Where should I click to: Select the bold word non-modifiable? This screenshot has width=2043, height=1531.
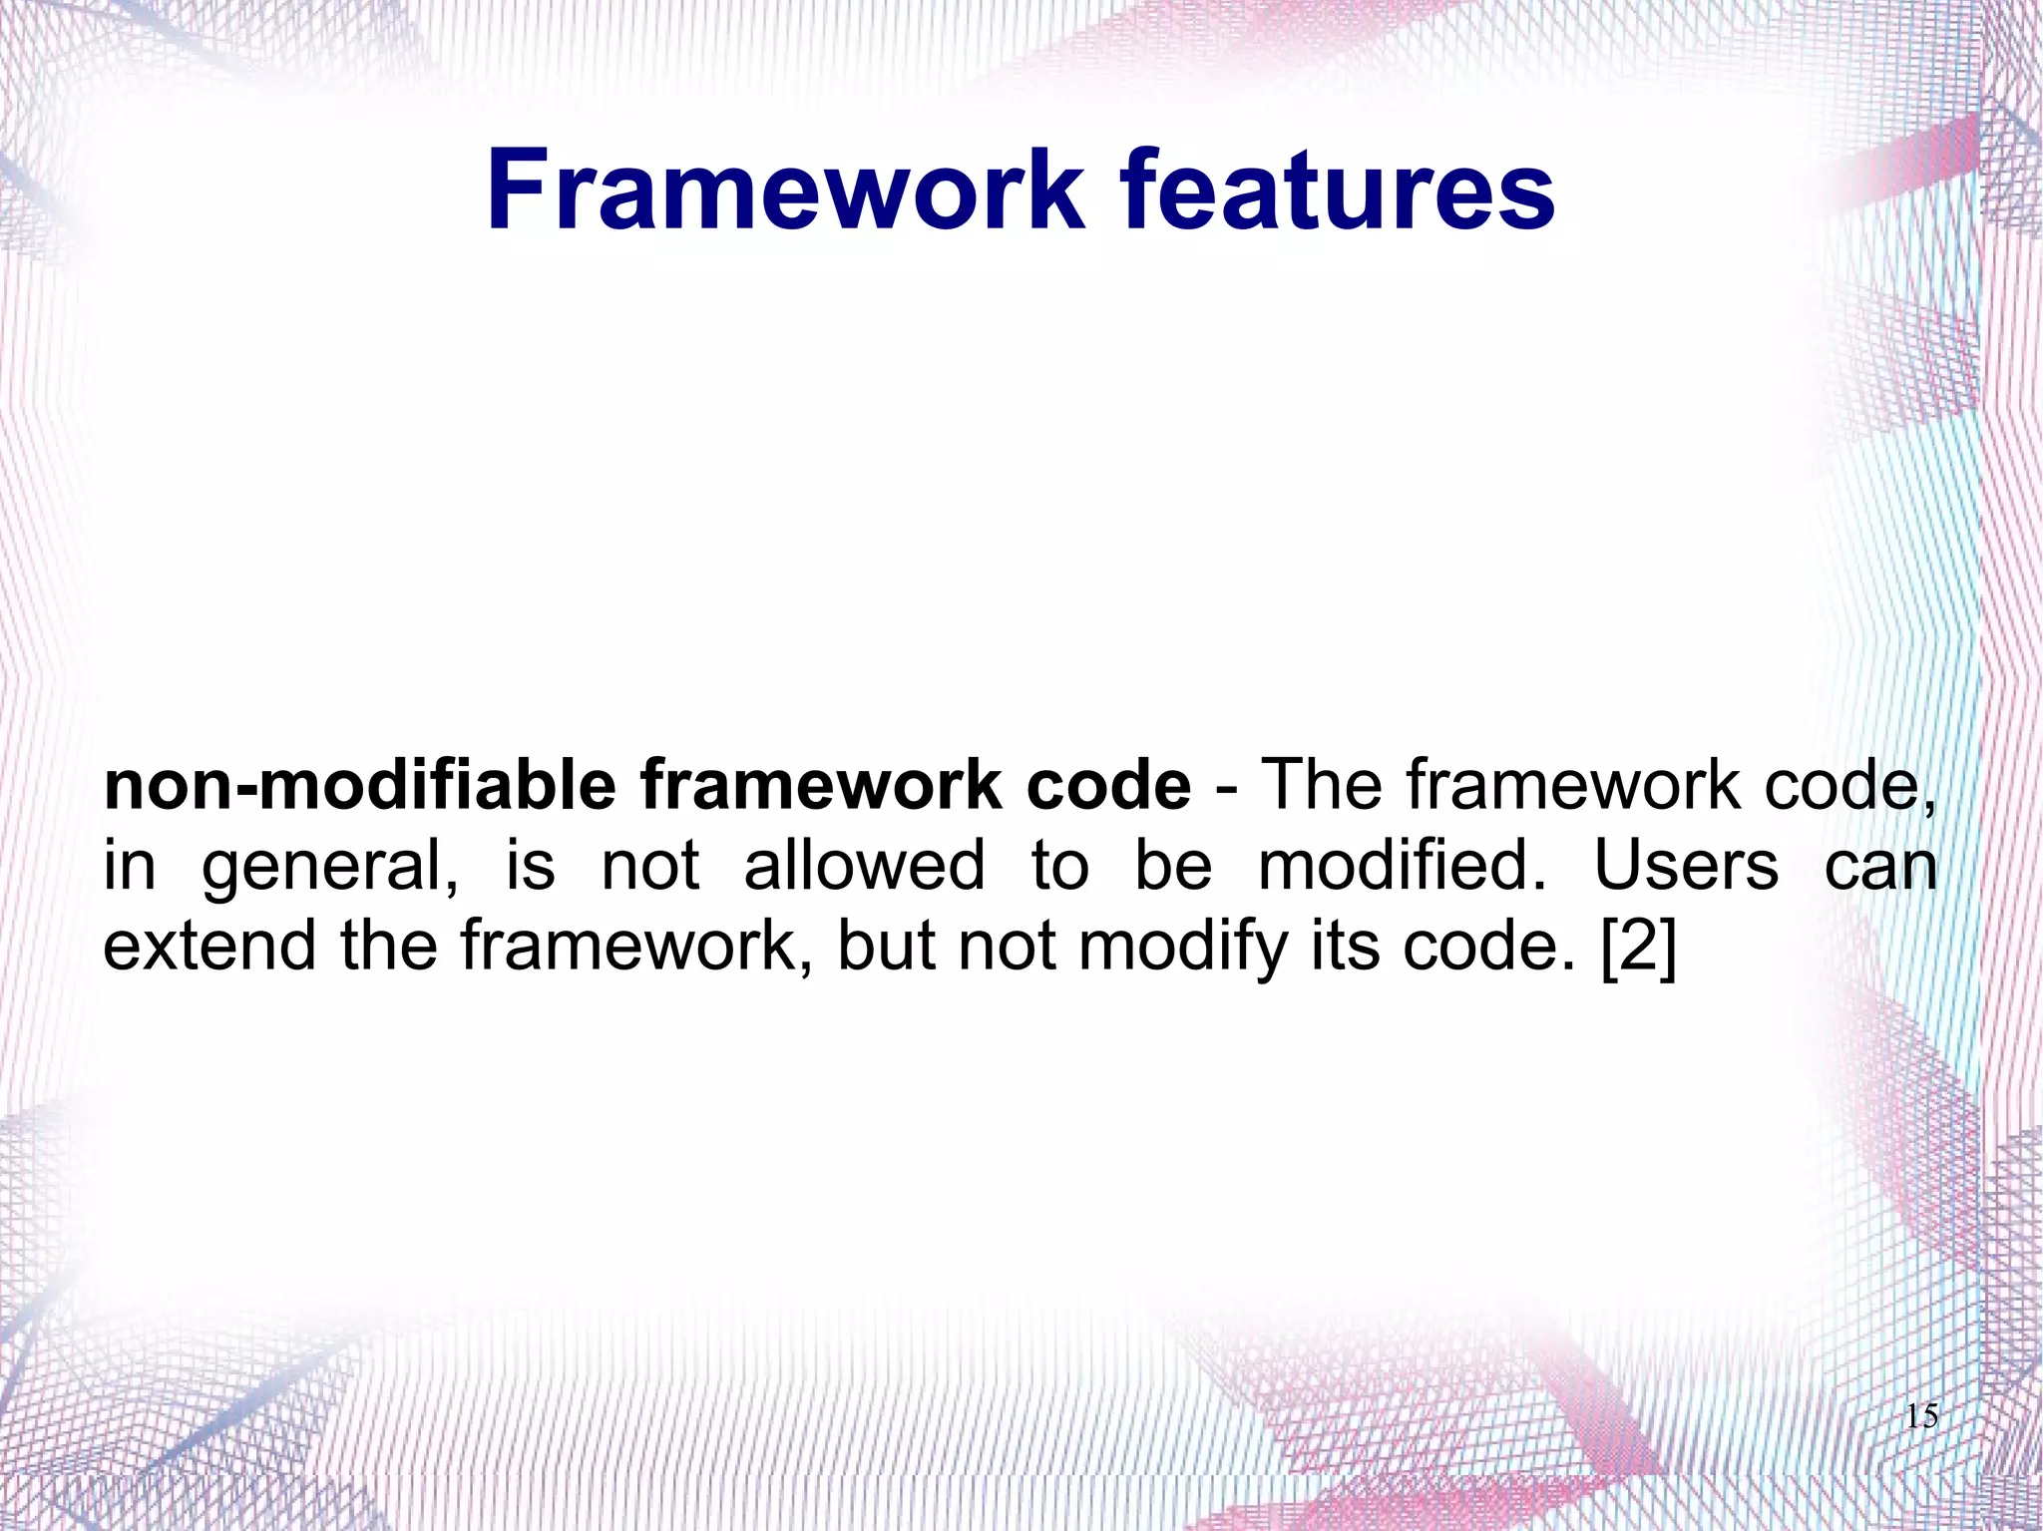click(359, 786)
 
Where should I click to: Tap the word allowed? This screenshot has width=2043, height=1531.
click(864, 864)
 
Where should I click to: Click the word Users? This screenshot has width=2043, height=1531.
click(1686, 864)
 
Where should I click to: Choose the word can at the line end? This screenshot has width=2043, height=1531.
click(1880, 866)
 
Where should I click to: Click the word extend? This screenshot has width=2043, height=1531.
click(208, 944)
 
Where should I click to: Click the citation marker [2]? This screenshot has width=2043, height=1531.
click(1639, 946)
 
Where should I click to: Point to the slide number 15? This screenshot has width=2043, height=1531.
click(1921, 1416)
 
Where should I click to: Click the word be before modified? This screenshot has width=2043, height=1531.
click(1173, 864)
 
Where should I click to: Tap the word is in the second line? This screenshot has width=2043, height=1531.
click(530, 864)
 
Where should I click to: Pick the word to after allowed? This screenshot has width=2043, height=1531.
click(1059, 864)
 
